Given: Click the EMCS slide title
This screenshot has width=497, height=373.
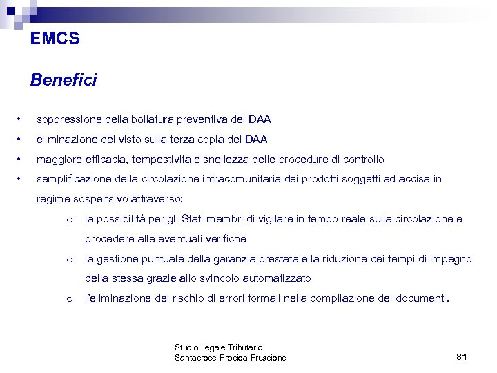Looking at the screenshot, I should pyautogui.click(x=55, y=39).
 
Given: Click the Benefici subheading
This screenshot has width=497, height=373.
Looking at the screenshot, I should pyautogui.click(x=64, y=81).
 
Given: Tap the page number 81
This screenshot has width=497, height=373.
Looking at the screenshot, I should pyautogui.click(x=462, y=357).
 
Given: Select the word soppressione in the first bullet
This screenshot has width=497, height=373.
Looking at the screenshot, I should pyautogui.click(x=66, y=119).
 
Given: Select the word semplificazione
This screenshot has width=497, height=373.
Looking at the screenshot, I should pyautogui.click(x=72, y=179).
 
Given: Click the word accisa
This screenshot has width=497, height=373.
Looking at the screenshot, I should pyautogui.click(x=412, y=179).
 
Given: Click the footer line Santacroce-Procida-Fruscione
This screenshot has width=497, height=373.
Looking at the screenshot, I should pyautogui.click(x=231, y=358).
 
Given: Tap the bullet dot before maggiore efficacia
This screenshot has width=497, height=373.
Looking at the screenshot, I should pyautogui.click(x=23, y=160).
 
